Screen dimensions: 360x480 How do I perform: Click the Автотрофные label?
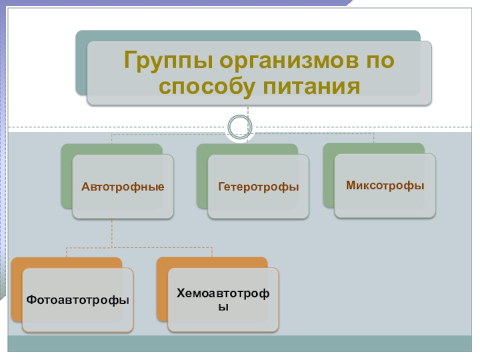123,187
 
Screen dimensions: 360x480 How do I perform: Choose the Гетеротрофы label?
259,187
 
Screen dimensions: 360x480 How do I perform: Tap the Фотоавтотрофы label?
78,299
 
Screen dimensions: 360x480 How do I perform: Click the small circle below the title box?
240,126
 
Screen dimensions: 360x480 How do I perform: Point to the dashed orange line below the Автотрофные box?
112,234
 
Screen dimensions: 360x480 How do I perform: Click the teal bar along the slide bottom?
240,344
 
